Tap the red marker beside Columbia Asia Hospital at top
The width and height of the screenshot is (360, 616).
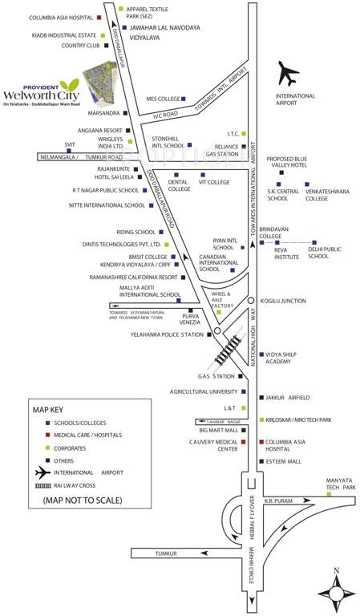click(x=99, y=17)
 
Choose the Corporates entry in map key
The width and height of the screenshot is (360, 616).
click(x=71, y=448)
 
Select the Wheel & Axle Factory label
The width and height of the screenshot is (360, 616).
click(x=220, y=300)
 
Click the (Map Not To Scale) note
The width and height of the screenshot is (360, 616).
click(x=78, y=500)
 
